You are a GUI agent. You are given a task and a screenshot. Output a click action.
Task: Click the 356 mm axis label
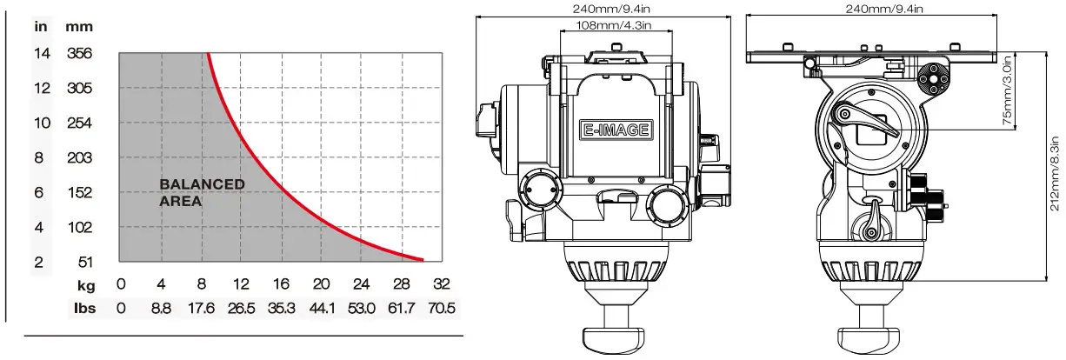point(79,53)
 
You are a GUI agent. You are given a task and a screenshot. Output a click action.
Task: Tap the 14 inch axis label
point(42,53)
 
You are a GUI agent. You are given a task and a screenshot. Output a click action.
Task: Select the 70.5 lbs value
point(441,308)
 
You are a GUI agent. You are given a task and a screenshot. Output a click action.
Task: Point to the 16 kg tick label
point(281,283)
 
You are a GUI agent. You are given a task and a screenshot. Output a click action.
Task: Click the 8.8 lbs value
point(161,308)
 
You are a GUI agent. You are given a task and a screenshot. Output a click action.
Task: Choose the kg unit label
point(86,285)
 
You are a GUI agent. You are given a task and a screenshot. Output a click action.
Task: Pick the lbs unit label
point(85,308)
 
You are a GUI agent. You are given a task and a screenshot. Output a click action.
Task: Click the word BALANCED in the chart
point(203,183)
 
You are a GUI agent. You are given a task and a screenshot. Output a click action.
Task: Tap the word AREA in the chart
point(180,201)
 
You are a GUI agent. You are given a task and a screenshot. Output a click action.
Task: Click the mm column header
point(79,27)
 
